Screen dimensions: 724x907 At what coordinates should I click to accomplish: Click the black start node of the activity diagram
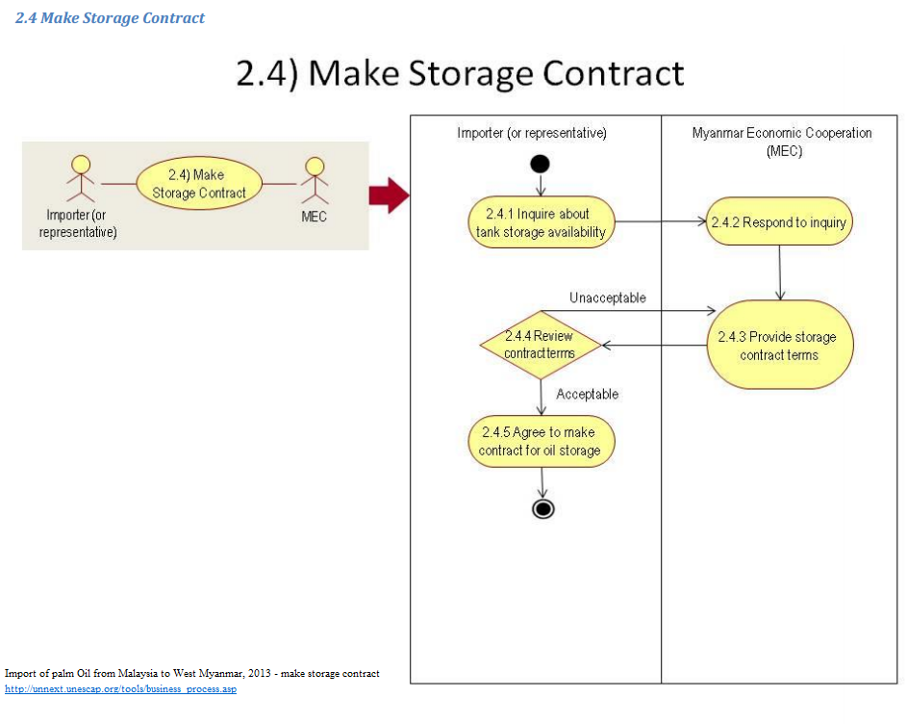tap(540, 162)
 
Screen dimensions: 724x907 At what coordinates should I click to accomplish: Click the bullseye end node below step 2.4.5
tap(542, 508)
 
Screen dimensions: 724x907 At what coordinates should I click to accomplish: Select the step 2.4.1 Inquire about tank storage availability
tap(542, 222)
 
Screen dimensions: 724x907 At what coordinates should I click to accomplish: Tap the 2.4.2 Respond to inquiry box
tap(779, 222)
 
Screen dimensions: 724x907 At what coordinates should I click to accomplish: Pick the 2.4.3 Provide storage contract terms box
tap(779, 346)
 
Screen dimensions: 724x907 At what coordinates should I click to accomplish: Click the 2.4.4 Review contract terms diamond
tap(541, 344)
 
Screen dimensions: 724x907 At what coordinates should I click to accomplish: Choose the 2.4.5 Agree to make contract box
tap(541, 441)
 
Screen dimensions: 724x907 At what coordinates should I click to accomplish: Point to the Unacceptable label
tap(608, 297)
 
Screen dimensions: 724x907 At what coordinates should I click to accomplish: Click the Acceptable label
tap(587, 394)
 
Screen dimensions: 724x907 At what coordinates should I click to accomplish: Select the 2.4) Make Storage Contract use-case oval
tap(199, 183)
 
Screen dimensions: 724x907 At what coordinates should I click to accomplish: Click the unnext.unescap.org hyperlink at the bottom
tap(120, 689)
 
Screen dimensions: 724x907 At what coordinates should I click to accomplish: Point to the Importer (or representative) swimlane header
tap(532, 133)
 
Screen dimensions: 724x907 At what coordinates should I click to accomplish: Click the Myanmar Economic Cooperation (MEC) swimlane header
tap(782, 142)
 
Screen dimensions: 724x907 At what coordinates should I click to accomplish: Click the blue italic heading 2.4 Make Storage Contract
tap(110, 17)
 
